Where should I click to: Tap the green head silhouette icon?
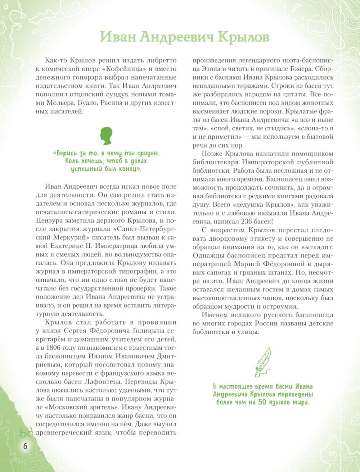[107, 135]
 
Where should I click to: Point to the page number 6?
[25, 446]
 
